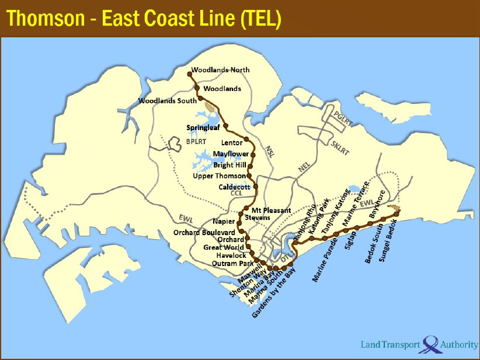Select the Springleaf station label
203,128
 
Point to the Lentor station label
232,143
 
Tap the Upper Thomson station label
219,176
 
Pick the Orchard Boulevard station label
203,232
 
